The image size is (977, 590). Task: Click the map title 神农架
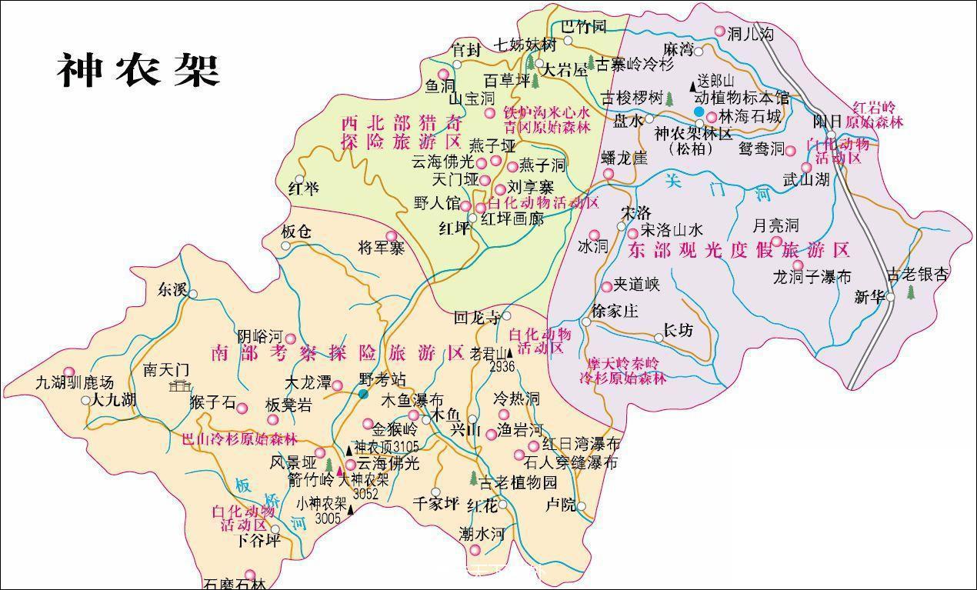point(138,71)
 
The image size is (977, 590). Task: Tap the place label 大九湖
point(114,400)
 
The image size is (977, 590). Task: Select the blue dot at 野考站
point(362,394)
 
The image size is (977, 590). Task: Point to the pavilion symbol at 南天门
point(182,385)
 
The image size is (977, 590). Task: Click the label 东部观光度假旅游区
point(738,250)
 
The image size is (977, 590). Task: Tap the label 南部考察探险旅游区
point(337,353)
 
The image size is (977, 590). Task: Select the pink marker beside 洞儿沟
point(720,32)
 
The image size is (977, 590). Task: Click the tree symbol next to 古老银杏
point(912,292)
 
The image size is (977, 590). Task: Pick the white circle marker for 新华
point(890,296)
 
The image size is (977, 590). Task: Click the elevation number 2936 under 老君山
point(501,366)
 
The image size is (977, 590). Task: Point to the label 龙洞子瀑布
point(812,277)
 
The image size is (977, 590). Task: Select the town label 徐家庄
point(615,312)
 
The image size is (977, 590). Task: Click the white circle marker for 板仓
point(285,246)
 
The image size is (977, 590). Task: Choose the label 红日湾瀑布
point(581,444)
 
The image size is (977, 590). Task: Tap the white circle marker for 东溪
point(193,294)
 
